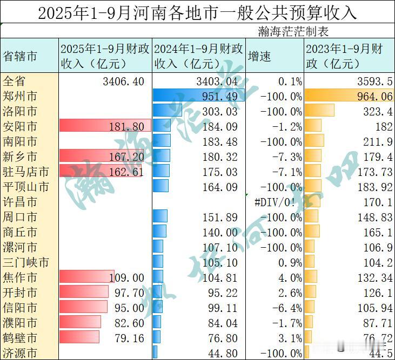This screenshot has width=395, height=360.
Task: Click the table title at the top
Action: click(x=197, y=12)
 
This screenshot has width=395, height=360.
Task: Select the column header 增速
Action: click(x=259, y=56)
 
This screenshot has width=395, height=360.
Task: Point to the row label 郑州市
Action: click(x=21, y=97)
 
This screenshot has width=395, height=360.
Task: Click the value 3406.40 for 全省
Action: click(x=123, y=82)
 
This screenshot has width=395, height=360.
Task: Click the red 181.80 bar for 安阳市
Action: click(x=103, y=127)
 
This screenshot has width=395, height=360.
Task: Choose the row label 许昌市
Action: click(x=21, y=202)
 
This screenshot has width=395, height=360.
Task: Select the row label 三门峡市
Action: click(x=26, y=263)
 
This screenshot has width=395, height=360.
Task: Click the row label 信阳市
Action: click(x=21, y=308)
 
